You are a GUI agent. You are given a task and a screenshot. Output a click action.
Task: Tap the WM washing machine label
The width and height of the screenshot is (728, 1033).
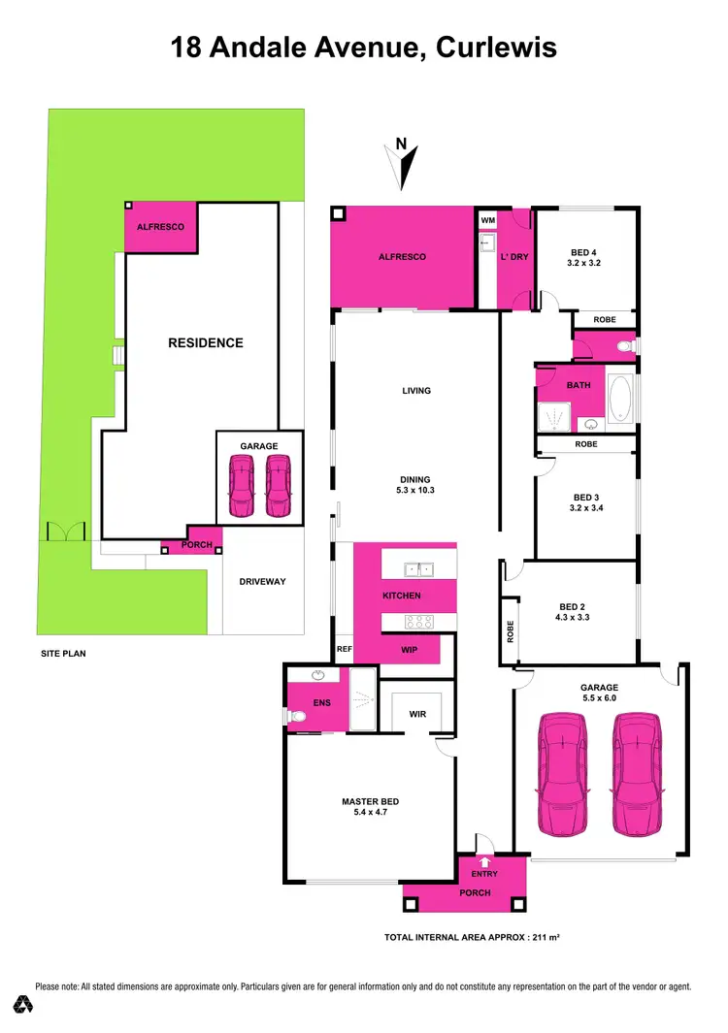coord(487,220)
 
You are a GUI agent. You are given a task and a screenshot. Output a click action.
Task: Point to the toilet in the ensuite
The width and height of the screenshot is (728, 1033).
coord(297,716)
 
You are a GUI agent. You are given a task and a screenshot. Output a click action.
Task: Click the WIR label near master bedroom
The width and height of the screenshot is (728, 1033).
coord(417,715)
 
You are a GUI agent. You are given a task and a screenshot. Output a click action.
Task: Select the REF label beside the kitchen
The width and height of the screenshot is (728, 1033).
coord(343,649)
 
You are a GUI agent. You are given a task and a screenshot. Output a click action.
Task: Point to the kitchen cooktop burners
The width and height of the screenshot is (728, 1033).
coord(419,621)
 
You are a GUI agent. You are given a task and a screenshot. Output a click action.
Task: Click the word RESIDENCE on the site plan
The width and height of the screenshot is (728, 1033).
coord(206,342)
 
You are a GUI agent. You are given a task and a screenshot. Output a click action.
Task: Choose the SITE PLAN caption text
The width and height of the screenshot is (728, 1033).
coord(61,654)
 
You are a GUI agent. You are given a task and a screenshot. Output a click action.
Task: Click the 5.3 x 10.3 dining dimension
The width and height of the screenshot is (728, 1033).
coord(415,492)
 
